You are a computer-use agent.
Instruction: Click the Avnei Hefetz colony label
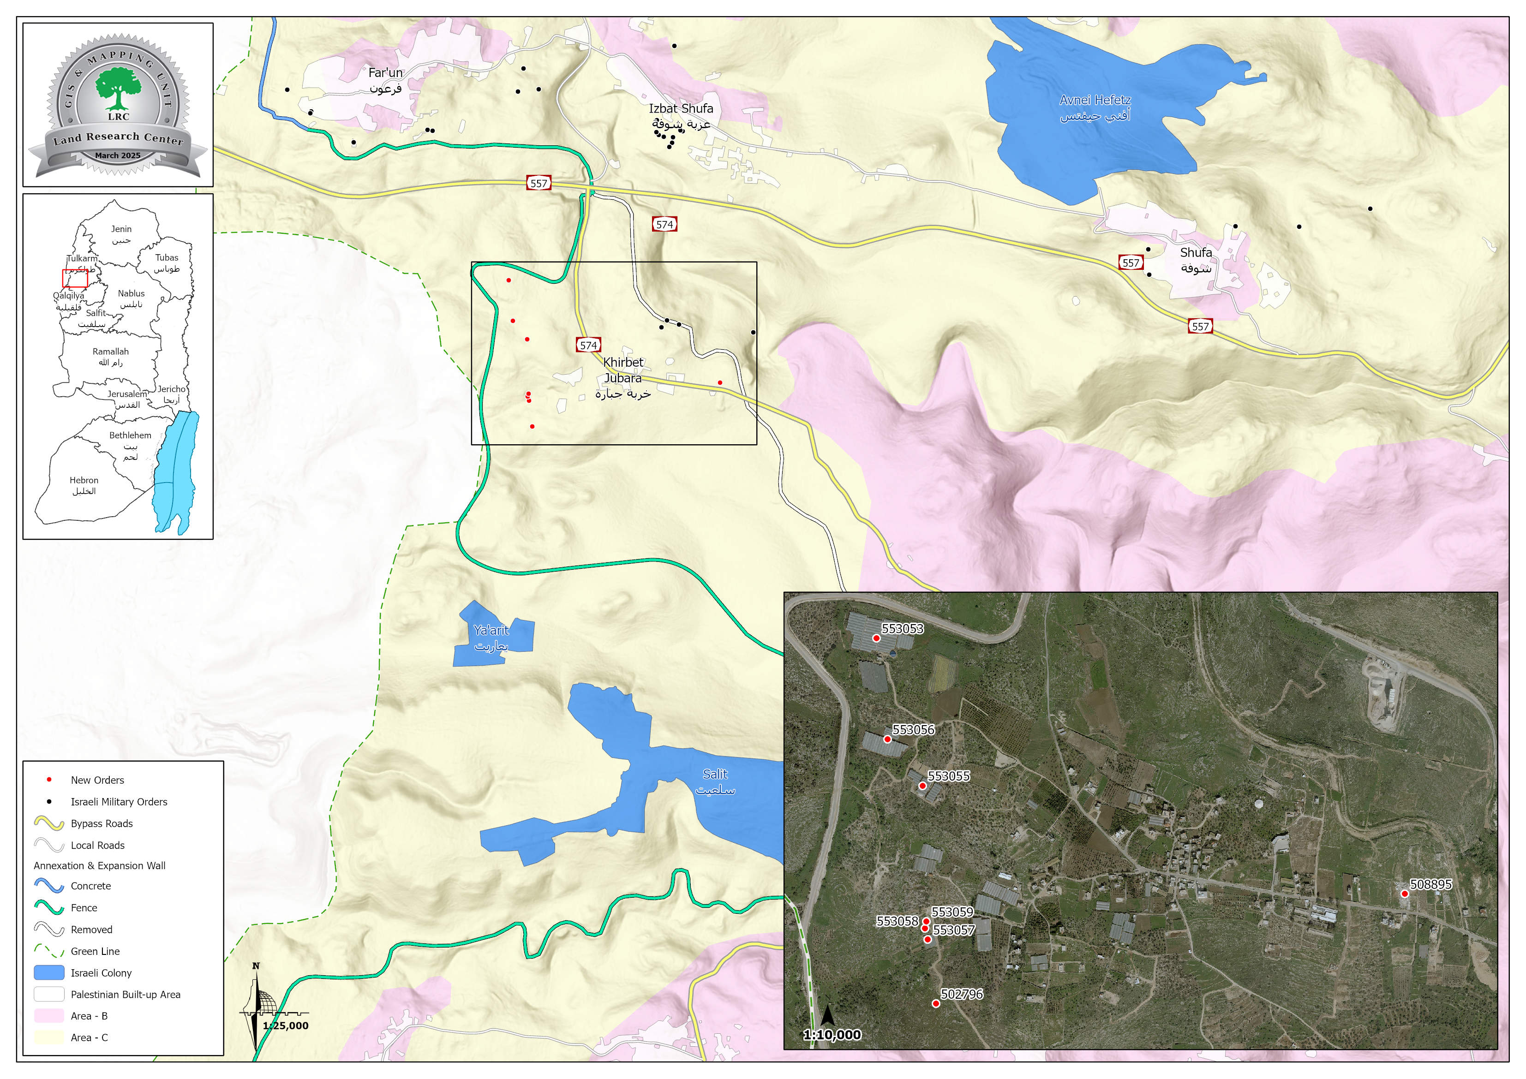(x=1095, y=107)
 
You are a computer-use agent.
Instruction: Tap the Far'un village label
(x=385, y=80)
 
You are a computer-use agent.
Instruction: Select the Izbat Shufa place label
(x=681, y=116)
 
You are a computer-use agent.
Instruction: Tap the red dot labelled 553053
(x=876, y=638)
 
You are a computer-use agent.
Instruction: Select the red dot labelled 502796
(x=936, y=1003)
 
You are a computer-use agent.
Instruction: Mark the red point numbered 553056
(x=886, y=739)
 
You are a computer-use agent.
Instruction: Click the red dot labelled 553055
(x=922, y=785)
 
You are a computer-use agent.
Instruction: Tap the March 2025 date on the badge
(x=118, y=155)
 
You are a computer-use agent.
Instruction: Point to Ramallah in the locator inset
(x=110, y=357)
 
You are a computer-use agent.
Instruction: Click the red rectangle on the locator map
(x=75, y=278)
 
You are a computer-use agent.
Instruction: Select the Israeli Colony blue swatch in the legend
(x=48, y=973)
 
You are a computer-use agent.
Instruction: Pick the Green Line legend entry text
(x=95, y=951)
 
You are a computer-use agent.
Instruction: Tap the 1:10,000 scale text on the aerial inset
(x=832, y=1035)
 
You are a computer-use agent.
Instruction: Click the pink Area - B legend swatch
(x=48, y=1016)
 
